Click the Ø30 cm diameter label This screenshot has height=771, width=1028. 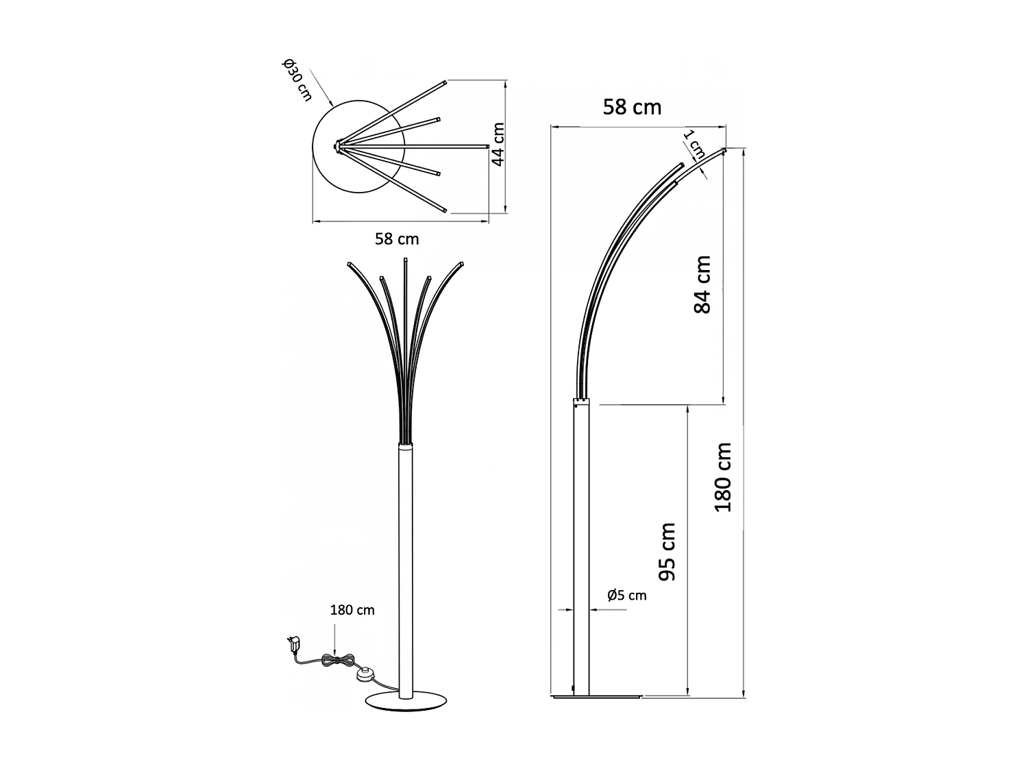point(296,81)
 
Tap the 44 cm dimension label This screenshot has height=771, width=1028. point(498,144)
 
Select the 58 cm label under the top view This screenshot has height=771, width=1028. point(397,239)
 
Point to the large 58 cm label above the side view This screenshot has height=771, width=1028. point(632,107)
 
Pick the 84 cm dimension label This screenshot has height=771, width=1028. point(702,284)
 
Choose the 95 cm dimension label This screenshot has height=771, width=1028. point(667,552)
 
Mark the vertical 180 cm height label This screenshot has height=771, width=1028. point(724,477)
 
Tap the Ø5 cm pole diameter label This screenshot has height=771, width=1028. point(626,595)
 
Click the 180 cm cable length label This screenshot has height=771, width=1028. point(352,610)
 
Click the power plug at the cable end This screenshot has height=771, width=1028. point(294,644)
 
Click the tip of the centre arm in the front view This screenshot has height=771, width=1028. point(406,260)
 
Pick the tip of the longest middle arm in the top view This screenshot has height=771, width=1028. point(485,145)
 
